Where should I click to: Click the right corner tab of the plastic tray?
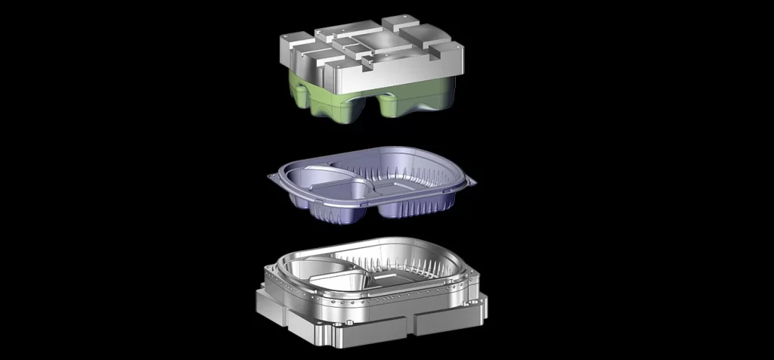pyautogui.click(x=471, y=180)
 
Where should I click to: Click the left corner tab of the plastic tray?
pyautogui.click(x=274, y=176)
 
